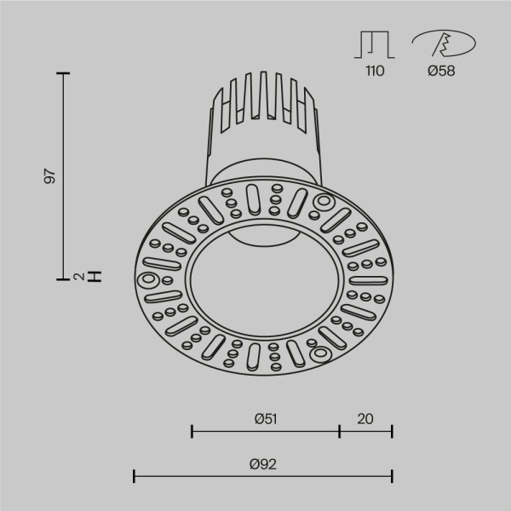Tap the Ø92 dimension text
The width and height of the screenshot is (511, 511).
(264, 464)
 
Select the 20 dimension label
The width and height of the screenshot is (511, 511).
(365, 418)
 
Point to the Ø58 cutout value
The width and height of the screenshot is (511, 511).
(440, 72)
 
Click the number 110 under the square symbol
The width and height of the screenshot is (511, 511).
(375, 72)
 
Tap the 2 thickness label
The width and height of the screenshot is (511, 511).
(78, 276)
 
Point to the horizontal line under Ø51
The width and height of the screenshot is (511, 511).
(266, 432)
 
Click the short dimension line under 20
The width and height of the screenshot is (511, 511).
(366, 432)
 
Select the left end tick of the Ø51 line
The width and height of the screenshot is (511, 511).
(192, 432)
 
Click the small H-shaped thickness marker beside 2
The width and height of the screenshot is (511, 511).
(96, 276)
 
